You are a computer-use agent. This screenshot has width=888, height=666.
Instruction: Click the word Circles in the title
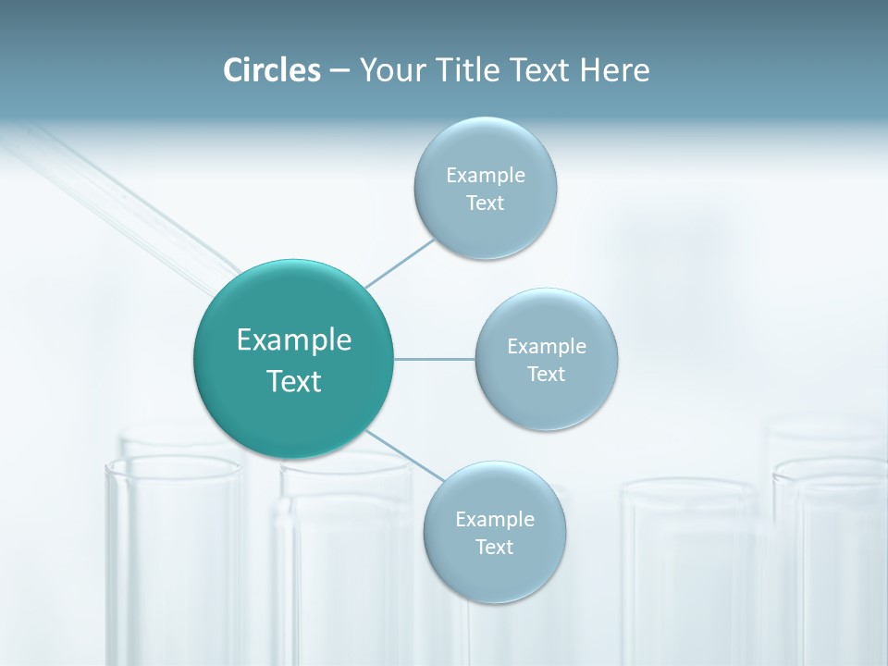[271, 70]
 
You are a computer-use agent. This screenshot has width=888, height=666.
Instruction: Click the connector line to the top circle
[400, 263]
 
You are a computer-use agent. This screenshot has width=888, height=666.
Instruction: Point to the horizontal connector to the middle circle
[435, 359]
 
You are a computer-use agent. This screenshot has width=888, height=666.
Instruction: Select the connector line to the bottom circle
[403, 455]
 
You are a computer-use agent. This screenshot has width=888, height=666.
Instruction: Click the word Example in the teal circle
[294, 340]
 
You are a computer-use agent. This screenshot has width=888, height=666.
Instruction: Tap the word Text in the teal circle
[294, 381]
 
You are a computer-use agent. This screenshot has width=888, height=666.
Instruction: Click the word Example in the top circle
[486, 175]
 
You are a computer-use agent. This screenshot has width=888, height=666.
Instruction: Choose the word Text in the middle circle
[547, 375]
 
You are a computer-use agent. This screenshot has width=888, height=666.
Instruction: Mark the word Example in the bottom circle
[495, 519]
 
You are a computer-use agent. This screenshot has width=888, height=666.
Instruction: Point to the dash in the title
[339, 70]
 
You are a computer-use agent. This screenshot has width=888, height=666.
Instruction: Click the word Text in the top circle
[486, 203]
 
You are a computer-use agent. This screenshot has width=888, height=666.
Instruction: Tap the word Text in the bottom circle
[495, 548]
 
